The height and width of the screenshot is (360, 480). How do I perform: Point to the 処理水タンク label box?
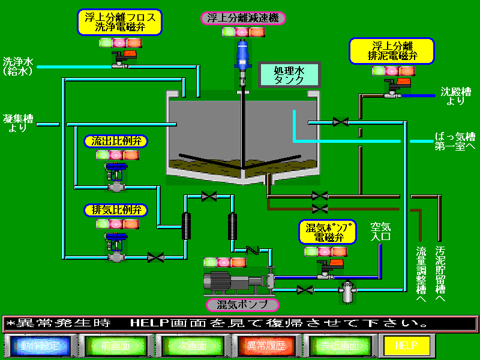pos(290,75)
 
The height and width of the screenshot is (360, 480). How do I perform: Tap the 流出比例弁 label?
pos(116,142)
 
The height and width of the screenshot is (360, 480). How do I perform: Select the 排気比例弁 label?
pos(116,210)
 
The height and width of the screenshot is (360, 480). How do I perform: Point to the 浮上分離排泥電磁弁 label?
pos(392,51)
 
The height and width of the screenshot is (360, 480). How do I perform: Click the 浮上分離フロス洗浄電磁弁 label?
pos(120,22)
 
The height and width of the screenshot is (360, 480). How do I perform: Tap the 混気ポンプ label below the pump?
pos(238,304)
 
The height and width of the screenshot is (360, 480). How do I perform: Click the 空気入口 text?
pos(380,231)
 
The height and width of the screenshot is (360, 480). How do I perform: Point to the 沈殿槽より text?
pos(455,96)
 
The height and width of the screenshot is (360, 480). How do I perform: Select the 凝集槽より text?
pos(17,121)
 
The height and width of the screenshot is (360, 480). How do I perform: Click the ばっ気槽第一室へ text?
pos(455,142)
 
